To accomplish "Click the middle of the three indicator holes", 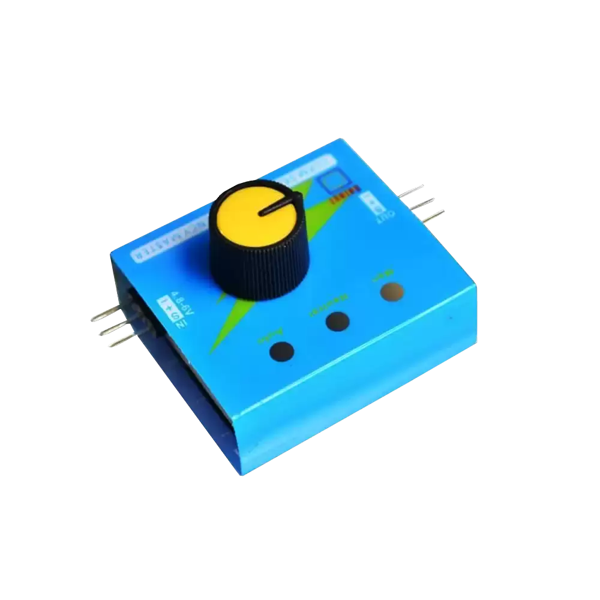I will tap(338, 322).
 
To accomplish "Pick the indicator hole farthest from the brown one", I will tap(282, 352).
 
